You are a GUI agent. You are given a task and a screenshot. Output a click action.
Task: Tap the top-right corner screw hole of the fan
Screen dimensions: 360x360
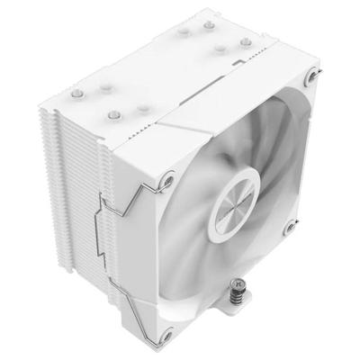[x=311, y=79]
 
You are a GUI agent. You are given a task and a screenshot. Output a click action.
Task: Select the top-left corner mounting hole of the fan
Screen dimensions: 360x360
[x=167, y=184]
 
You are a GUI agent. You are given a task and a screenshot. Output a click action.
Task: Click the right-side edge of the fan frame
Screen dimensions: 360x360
[x=310, y=162]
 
